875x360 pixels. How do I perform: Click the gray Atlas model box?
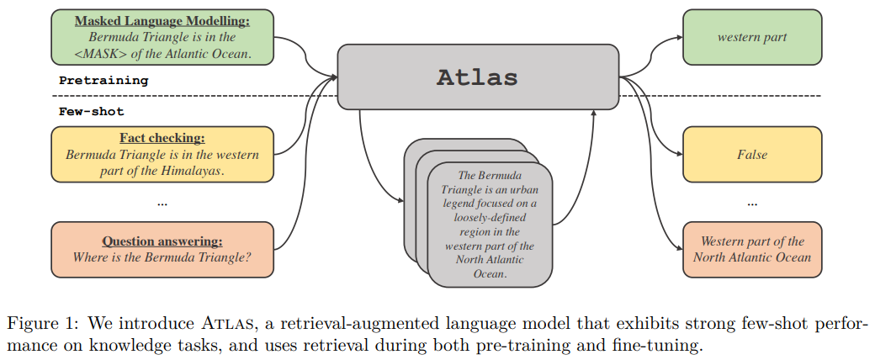477,77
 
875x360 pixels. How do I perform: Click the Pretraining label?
103,81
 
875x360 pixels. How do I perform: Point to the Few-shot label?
92,111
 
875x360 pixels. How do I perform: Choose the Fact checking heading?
162,138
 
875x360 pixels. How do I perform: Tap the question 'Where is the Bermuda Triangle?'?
162,257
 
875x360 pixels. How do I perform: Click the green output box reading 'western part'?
751,37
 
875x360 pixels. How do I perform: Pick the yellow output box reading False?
751,155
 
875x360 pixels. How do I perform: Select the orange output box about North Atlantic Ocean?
751,249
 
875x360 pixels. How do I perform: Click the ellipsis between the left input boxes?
162,203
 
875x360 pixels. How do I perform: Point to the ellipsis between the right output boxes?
751,203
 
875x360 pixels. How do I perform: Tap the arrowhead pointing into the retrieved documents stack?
400,199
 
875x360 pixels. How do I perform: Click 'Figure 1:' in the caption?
45,324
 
